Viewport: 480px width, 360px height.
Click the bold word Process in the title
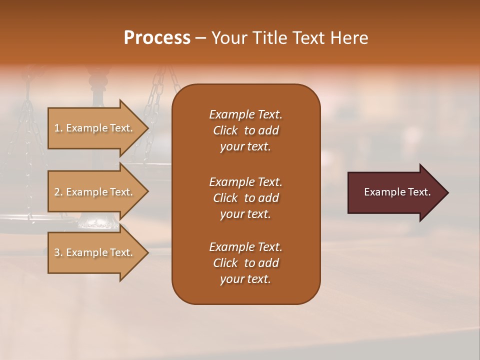(157, 38)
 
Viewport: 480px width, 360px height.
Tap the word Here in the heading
(349, 38)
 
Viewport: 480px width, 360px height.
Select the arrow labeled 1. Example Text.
(95, 128)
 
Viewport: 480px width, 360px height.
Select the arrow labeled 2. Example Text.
(95, 192)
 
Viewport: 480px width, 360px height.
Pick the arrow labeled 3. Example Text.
(95, 252)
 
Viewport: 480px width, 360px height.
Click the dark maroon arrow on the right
(395, 192)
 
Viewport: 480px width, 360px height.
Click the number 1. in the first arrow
(58, 128)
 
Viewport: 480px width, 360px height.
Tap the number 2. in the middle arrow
(58, 192)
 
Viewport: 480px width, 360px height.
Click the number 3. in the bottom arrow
(58, 252)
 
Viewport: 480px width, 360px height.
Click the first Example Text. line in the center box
(245, 114)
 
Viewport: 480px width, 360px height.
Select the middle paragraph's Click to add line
(245, 198)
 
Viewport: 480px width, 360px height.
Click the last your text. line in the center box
(245, 279)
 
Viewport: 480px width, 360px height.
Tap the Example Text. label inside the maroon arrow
(397, 192)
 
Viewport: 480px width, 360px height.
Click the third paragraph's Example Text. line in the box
(245, 247)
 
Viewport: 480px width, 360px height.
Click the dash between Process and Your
(201, 38)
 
